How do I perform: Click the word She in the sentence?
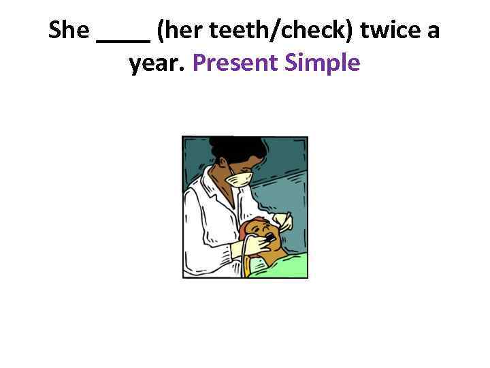point(69,31)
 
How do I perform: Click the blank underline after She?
point(123,40)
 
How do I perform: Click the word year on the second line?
point(156,63)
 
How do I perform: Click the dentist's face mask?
point(240,179)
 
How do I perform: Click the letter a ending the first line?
point(434,31)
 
